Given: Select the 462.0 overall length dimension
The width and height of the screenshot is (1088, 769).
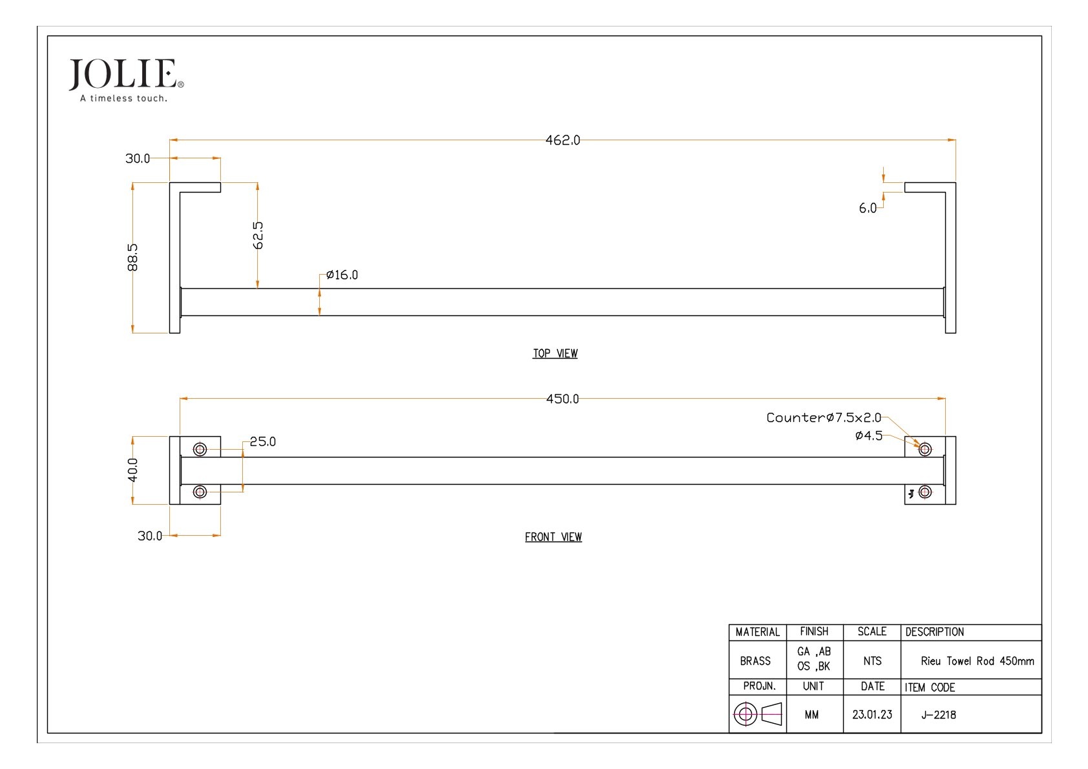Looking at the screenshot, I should (x=562, y=140).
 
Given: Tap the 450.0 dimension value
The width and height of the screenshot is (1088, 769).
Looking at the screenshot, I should (x=562, y=399).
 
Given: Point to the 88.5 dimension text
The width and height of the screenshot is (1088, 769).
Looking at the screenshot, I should (x=132, y=257).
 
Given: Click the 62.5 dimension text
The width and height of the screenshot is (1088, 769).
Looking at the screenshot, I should (x=258, y=235).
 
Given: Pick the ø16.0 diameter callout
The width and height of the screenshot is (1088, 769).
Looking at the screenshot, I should (x=342, y=275).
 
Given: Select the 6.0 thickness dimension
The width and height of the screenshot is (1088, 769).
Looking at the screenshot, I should (x=868, y=208).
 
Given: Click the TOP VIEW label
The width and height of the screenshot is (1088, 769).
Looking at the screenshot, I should (x=555, y=353).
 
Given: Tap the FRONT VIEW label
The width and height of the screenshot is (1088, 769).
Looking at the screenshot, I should (x=553, y=537).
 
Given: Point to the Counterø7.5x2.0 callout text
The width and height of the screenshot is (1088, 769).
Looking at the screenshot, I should (x=823, y=418).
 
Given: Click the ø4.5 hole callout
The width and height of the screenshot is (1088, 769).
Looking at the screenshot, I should (x=868, y=436).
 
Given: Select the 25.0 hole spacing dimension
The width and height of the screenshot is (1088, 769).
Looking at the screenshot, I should (x=262, y=442).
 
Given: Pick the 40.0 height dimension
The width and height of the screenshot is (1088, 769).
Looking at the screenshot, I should (x=132, y=470).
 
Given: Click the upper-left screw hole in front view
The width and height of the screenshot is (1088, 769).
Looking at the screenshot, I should (x=200, y=449).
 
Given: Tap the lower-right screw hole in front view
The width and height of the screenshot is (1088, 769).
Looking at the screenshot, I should (x=925, y=492).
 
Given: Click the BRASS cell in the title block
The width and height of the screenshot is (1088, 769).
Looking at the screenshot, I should (x=755, y=661).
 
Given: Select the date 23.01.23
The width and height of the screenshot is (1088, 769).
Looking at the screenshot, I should (x=872, y=715).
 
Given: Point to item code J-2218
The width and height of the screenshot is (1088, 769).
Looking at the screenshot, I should (x=939, y=715).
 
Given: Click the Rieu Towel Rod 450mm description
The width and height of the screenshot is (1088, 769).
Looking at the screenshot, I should (x=977, y=661).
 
